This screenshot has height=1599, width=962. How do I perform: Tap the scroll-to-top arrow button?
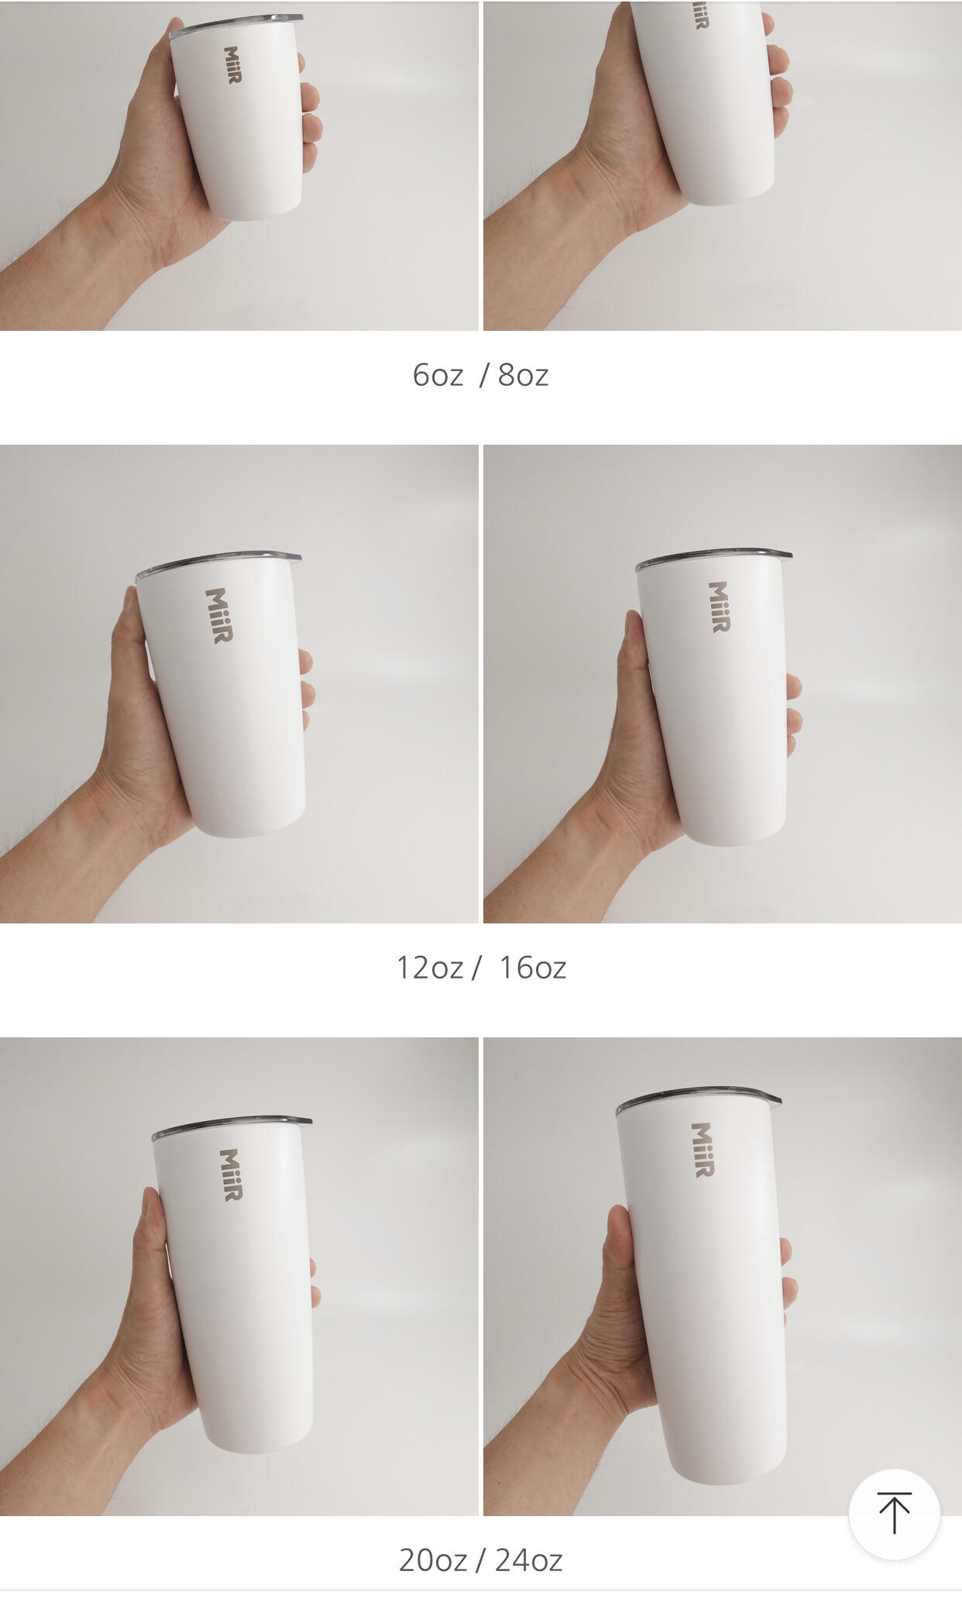pyautogui.click(x=894, y=1514)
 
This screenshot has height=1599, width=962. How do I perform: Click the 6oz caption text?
pyautogui.click(x=438, y=375)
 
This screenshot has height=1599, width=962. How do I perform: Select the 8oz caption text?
pyautogui.click(x=523, y=375)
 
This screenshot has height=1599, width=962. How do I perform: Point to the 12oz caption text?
pyautogui.click(x=430, y=968)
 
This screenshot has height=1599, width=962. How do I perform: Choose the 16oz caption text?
pyautogui.click(x=533, y=968)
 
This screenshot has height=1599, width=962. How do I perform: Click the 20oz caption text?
pyautogui.click(x=433, y=1560)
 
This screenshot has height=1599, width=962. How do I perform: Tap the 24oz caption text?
pyautogui.click(x=528, y=1560)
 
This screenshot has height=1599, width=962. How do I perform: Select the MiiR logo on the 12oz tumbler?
pyautogui.click(x=219, y=615)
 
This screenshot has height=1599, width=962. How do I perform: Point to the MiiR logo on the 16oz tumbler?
pyautogui.click(x=719, y=607)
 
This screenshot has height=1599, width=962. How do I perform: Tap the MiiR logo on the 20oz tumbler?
pyautogui.click(x=231, y=1174)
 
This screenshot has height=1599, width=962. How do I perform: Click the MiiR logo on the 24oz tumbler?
pyautogui.click(x=702, y=1150)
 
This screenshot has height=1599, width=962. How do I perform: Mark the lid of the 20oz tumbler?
pyautogui.click(x=232, y=1126)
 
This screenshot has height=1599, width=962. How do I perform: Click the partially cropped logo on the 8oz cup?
pyautogui.click(x=700, y=15)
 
